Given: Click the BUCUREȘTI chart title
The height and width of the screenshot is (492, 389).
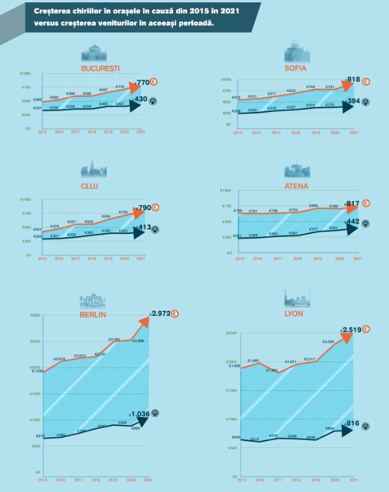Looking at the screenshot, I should click(100, 68).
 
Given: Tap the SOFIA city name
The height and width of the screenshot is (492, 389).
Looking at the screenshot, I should click(295, 68).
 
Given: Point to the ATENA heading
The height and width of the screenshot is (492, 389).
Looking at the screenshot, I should click(297, 186).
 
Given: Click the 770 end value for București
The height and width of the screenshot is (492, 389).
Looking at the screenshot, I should click(141, 83).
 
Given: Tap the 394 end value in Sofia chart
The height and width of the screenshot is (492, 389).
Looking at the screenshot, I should click(353, 102).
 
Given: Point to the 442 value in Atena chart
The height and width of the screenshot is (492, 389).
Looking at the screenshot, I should click(352, 222).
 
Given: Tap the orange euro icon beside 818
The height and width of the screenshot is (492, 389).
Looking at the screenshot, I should click(366, 81).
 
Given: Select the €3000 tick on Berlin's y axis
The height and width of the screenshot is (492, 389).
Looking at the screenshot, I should click(35, 315).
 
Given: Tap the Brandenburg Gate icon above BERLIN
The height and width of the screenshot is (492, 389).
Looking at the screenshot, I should click(90, 300).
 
